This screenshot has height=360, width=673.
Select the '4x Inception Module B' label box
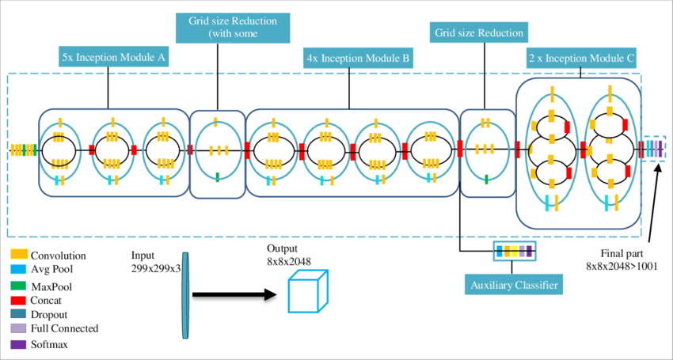[357, 57]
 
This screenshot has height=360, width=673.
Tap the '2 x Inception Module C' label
[581, 57]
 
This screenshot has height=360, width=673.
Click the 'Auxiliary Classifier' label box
[514, 284]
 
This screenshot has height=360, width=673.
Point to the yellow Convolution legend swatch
[19, 256]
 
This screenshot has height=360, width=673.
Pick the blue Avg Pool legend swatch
[19, 270]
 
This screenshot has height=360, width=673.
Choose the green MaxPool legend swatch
[19, 285]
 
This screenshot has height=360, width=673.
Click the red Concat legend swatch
[19, 300]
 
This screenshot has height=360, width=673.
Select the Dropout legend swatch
[19, 315]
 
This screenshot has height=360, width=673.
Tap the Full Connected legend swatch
[19, 329]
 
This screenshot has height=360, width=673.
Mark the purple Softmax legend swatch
[19, 344]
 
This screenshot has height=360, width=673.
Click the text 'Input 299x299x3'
[156, 263]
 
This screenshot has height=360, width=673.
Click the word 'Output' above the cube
[283, 247]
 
